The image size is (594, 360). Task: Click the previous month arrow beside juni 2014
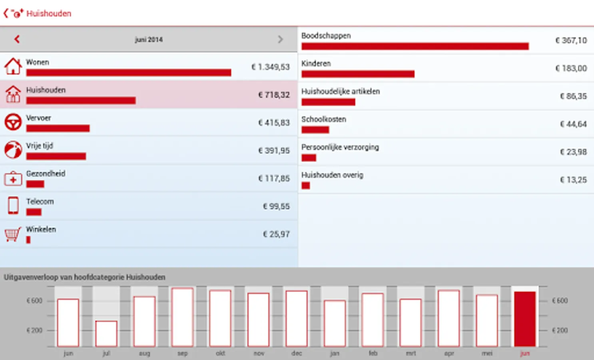click(17, 39)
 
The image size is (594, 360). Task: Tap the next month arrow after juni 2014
click(280, 39)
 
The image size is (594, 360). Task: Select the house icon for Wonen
click(13, 66)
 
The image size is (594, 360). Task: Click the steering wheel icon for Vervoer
click(13, 122)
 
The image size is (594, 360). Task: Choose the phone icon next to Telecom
click(13, 206)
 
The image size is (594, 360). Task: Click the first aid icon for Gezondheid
click(13, 178)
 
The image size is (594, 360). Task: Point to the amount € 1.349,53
click(270, 67)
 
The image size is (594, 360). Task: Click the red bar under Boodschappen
click(415, 46)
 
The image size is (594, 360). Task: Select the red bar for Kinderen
click(358, 74)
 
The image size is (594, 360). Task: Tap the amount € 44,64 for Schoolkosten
click(573, 124)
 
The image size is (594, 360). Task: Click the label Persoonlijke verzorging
click(340, 147)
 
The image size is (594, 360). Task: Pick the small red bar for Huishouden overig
click(306, 186)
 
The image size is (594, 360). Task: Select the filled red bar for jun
click(524, 319)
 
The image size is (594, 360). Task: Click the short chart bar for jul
click(106, 334)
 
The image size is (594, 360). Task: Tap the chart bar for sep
click(182, 317)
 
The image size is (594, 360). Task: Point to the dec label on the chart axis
click(297, 353)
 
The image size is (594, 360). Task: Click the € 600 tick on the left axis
click(34, 301)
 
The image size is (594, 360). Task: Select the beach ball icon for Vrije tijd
click(13, 150)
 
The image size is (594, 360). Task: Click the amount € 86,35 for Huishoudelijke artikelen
click(573, 96)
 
